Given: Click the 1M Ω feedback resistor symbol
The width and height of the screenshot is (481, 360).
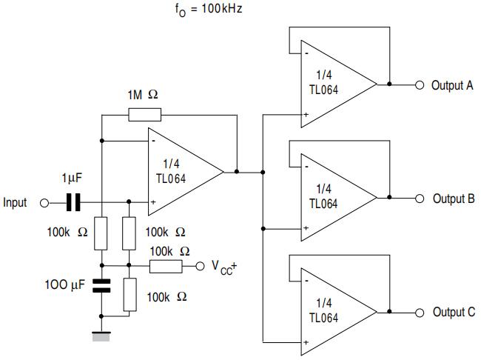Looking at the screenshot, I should coord(144,114).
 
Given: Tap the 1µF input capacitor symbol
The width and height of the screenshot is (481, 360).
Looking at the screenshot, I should coord(73,201).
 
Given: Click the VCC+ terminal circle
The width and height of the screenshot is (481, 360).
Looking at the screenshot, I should coord(198,266).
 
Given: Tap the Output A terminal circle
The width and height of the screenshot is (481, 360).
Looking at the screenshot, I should coord(420,84).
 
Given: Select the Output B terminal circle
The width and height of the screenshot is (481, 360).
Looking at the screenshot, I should coord(420,199).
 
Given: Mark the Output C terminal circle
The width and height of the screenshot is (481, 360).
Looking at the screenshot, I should coord(420,313).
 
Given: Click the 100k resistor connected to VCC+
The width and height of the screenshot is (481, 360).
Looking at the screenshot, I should coord(166,266).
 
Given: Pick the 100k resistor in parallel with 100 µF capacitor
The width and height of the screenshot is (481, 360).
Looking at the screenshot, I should coord(129,295).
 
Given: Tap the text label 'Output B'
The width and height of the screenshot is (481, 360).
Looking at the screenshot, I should coord(453,199).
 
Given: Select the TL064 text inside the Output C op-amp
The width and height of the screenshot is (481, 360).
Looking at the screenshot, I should coord(323,317).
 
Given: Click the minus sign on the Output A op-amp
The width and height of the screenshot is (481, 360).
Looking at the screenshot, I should coord(305,53).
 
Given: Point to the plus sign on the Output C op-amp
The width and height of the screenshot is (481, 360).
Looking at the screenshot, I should coord(305,343).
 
